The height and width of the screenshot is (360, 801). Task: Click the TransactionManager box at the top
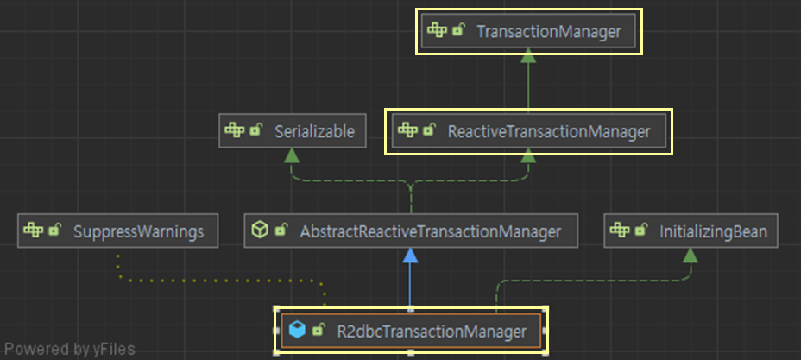coord(528,32)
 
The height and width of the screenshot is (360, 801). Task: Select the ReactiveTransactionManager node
coord(528,132)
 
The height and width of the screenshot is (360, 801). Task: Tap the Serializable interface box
coord(292,132)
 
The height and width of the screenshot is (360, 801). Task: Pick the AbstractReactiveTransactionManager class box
coord(410,231)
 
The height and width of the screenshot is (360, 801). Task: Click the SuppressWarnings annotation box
coord(117,231)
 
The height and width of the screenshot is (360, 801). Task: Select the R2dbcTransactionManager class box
coord(410,331)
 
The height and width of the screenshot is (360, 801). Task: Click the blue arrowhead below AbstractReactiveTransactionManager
coord(410,256)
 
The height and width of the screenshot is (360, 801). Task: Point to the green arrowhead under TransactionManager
coord(528,56)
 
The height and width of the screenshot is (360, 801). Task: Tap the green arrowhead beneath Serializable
coord(292,155)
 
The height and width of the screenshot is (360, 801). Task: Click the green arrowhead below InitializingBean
coord(690,255)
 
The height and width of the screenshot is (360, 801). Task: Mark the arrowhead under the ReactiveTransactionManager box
coord(528,155)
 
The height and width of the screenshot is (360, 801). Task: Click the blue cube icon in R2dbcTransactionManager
coord(298,331)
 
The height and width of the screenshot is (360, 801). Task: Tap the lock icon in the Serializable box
coord(255,131)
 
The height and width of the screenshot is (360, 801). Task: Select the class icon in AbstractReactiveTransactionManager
coord(259,231)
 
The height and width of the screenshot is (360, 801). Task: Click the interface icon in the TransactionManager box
coord(437,31)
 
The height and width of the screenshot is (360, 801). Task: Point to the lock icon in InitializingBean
coord(640,231)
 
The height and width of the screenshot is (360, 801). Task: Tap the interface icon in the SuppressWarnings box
coord(34,231)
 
